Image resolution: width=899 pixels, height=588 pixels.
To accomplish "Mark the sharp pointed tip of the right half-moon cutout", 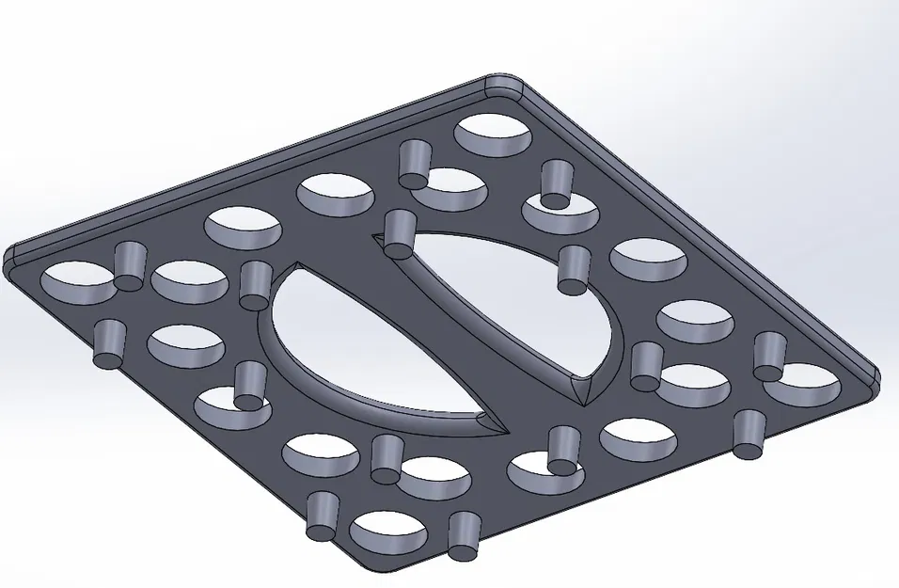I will tap(585, 404).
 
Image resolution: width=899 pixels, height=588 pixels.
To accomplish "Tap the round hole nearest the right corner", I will tap(800, 382).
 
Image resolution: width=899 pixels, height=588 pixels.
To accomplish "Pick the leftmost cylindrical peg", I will tap(110, 343).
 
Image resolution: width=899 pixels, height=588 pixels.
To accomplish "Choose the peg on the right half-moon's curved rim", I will tap(573, 270).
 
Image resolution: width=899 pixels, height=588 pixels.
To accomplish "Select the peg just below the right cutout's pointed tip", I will tap(562, 450).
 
